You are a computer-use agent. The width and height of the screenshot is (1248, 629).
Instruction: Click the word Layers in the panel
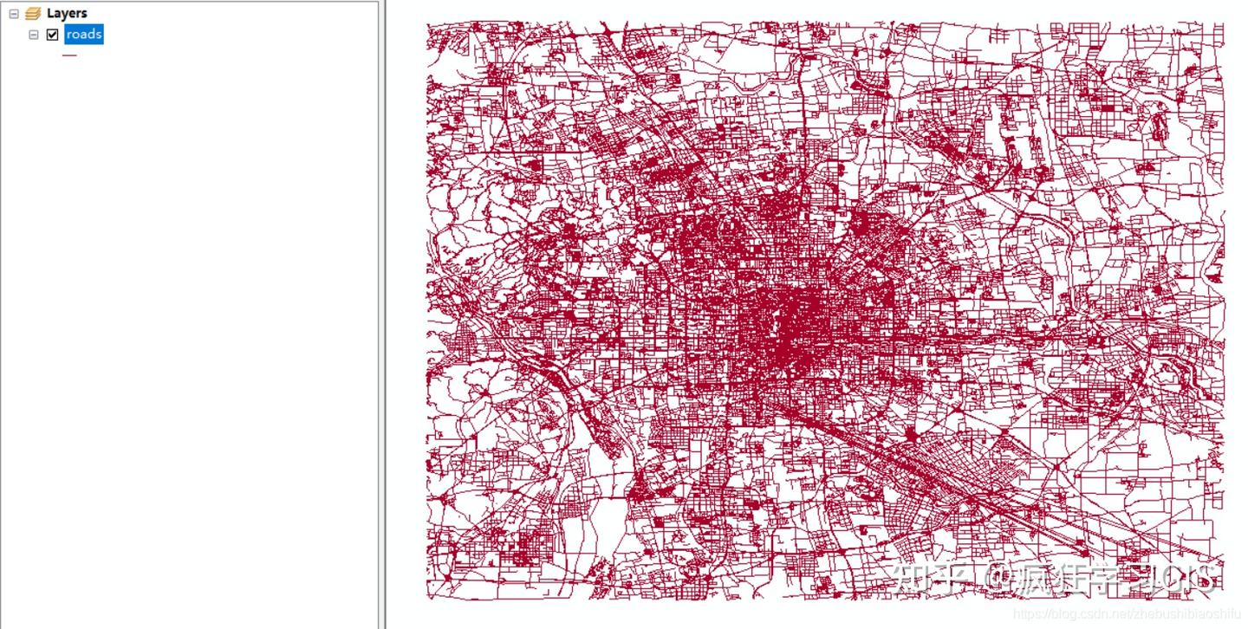(67, 14)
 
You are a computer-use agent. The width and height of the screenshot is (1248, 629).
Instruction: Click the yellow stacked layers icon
(34, 14)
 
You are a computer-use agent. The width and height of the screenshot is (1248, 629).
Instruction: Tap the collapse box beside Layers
(14, 14)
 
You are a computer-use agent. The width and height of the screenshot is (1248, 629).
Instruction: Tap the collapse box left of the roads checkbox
(34, 35)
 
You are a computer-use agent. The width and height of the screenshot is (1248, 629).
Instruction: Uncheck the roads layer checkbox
(53, 35)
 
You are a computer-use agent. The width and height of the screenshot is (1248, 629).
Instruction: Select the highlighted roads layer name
(84, 35)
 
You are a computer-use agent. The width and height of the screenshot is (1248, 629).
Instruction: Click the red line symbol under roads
(69, 55)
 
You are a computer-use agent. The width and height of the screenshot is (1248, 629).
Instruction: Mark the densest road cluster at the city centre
(793, 325)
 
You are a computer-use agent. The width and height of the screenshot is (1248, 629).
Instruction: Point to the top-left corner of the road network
(428, 24)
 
